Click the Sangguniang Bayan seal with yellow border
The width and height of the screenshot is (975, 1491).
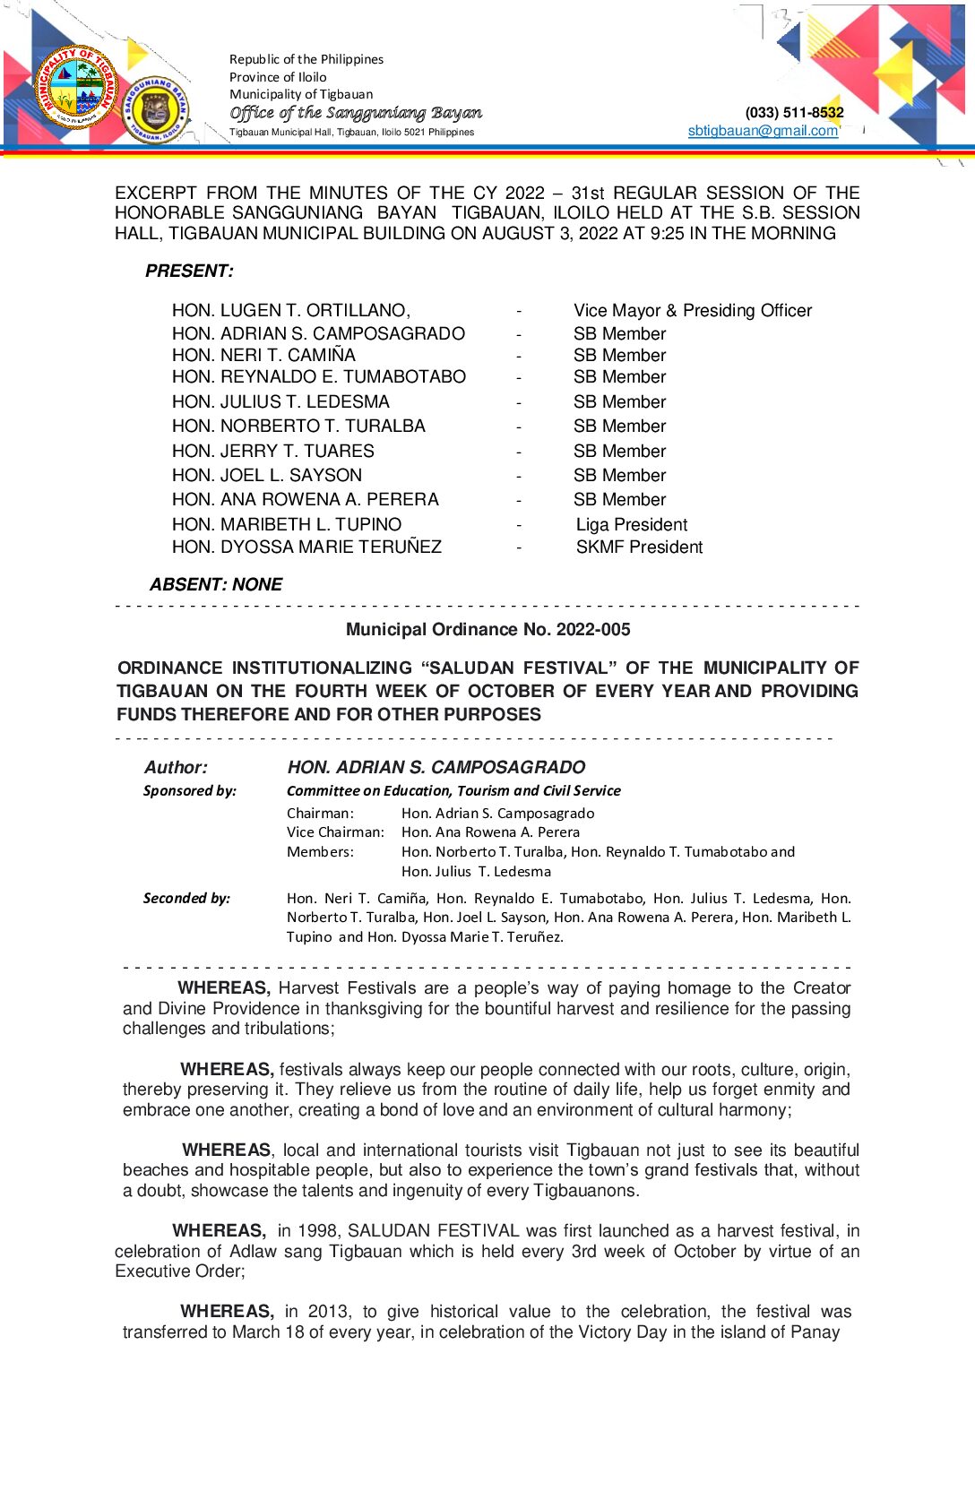pos(156,108)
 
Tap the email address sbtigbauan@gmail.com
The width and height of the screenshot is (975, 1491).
pos(763,131)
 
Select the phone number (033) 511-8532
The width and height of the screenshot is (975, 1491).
pos(794,113)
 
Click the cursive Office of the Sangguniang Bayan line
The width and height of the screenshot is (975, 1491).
pos(356,113)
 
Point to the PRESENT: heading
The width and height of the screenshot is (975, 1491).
pos(189,271)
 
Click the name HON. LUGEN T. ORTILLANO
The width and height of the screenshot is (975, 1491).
pos(290,310)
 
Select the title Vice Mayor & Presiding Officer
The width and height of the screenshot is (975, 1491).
pos(693,310)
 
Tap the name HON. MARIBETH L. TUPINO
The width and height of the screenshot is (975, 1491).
pos(287,524)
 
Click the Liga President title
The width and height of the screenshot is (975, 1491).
pos(632,524)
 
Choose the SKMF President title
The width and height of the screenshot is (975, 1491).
pos(639,547)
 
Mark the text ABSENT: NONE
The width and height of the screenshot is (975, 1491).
pos(216,584)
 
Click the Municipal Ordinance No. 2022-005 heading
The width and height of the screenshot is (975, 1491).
pos(487,629)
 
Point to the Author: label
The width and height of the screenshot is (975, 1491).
pos(176,767)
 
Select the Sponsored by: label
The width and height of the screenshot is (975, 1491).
pos(190,790)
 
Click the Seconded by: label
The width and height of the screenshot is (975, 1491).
pos(186,898)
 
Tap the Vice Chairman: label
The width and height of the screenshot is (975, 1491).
pos(335,832)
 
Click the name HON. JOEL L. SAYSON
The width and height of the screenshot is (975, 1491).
pos(267,475)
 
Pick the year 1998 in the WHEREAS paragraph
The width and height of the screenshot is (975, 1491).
pos(317,1230)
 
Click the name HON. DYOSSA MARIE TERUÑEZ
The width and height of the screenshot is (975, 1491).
pos(306,547)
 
